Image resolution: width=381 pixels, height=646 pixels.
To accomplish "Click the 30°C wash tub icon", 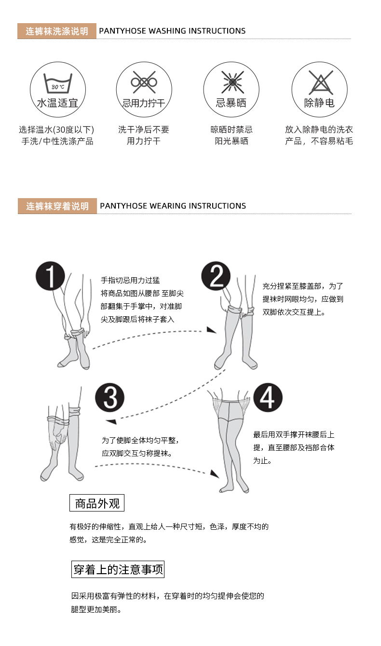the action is pyautogui.click(x=57, y=83).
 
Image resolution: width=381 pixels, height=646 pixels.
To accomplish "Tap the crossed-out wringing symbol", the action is pyautogui.click(x=144, y=82).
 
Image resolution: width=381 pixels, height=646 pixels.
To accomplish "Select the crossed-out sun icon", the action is pyautogui.click(x=232, y=82).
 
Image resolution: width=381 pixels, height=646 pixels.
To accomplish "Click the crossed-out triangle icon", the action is pyautogui.click(x=319, y=82).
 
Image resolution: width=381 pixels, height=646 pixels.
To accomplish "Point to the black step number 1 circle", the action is pyautogui.click(x=50, y=276).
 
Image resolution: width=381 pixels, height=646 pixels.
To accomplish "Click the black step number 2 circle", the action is pyautogui.click(x=217, y=276).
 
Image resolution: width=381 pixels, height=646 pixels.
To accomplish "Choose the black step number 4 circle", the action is pyautogui.click(x=268, y=398).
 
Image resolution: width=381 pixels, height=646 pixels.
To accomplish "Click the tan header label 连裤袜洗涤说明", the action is pyautogui.click(x=57, y=31).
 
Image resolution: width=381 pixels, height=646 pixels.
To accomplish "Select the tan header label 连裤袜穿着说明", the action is pyautogui.click(x=57, y=206).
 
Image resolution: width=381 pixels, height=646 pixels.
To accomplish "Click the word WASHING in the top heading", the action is pyautogui.click(x=167, y=31).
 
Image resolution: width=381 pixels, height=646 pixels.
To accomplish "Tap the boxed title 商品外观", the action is pyautogui.click(x=97, y=504).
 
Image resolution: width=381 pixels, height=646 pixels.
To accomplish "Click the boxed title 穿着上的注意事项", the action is pyautogui.click(x=118, y=570).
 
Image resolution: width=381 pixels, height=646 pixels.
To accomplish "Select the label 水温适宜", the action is pyautogui.click(x=57, y=103).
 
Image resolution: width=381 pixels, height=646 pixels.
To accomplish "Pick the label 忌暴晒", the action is pyautogui.click(x=231, y=103).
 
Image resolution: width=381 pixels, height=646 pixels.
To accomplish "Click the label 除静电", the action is pyautogui.click(x=319, y=103).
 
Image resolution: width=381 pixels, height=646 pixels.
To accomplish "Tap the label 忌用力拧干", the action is pyautogui.click(x=144, y=103).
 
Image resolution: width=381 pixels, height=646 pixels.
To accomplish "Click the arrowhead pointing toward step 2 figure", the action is pyautogui.click(x=211, y=330).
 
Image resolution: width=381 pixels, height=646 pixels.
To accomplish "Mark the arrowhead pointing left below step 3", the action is pyautogui.click(x=111, y=421).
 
